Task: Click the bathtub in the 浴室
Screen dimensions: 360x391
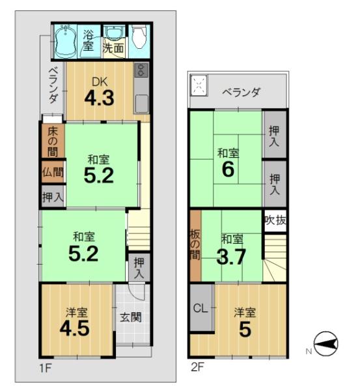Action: click(65, 42)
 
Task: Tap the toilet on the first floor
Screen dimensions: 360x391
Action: click(139, 37)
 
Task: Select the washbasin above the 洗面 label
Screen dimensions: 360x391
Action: click(115, 33)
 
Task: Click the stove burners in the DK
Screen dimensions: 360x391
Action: click(141, 70)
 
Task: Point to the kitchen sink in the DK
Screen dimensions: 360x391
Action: click(142, 103)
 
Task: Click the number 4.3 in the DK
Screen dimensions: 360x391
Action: click(100, 98)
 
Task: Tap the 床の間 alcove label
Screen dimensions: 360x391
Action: click(53, 141)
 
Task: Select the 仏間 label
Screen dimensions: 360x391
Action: click(53, 172)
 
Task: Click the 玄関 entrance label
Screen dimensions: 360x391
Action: click(131, 317)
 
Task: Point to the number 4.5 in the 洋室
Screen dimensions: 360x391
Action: click(75, 328)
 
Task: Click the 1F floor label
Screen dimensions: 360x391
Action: click(46, 368)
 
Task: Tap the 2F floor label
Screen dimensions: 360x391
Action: click(197, 367)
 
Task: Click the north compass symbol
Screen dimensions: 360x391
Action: click(326, 344)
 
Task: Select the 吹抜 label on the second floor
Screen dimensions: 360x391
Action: click(275, 220)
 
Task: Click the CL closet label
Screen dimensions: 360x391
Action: click(201, 308)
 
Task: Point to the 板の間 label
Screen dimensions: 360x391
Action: click(195, 245)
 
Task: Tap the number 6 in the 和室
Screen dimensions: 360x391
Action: click(228, 169)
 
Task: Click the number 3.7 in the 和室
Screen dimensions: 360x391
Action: click(231, 257)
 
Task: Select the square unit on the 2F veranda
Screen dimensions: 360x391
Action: click(199, 85)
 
